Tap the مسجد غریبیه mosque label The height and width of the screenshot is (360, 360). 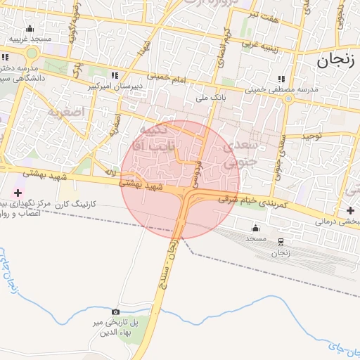click(31, 39)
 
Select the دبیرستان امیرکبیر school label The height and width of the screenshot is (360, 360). click(115, 86)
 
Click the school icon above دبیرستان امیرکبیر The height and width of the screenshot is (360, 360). click(115, 75)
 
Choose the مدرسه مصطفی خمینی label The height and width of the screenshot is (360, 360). click(281, 89)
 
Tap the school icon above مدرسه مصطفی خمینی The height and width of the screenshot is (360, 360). click(282, 79)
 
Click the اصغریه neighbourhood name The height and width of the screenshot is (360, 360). click(67, 112)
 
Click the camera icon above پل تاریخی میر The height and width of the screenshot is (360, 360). click(115, 311)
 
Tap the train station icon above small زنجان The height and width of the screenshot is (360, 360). click(281, 241)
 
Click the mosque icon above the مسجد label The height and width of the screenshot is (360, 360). click(255, 228)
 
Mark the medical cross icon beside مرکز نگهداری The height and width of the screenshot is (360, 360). click(18, 192)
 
